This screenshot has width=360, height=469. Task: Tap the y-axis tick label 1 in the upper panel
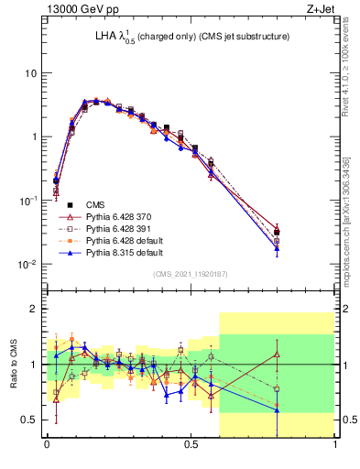34,137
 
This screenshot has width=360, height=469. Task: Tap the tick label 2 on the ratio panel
35,309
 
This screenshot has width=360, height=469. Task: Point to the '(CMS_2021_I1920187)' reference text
191,273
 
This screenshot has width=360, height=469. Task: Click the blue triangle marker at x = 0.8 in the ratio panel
278,410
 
